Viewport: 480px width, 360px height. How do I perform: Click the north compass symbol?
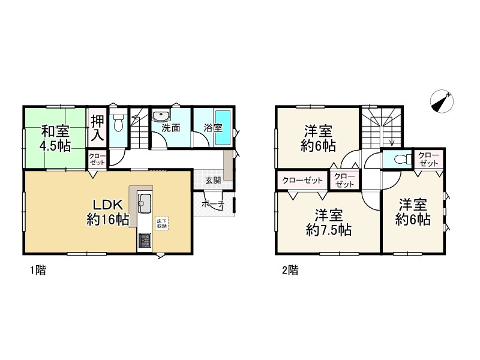442,101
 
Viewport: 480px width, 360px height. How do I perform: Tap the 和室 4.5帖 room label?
55,139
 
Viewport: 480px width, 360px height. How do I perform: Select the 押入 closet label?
97,128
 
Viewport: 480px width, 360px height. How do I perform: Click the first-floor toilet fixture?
118,122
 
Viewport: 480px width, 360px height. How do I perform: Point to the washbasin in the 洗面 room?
161,116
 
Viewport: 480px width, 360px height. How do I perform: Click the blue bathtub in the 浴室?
223,128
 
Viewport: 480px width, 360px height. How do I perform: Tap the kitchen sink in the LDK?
144,203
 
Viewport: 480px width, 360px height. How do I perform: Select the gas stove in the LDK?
144,241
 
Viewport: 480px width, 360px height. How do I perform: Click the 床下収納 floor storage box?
161,223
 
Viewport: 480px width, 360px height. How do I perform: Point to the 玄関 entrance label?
213,180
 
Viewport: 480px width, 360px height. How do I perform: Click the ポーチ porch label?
214,204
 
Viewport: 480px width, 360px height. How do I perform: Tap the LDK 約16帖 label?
108,212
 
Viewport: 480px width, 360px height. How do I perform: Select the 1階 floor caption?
38,271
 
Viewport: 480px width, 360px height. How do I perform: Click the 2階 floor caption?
290,271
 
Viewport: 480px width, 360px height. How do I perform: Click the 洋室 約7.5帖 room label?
329,222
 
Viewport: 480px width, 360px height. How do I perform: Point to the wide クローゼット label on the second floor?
302,181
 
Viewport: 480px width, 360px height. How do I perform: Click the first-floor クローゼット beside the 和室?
97,159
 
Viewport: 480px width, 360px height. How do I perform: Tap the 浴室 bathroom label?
213,128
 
